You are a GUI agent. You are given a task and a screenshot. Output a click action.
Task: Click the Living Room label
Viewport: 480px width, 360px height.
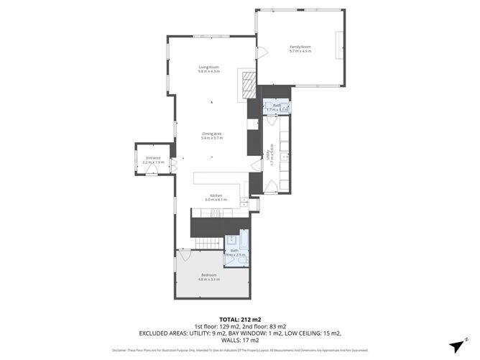tap(209, 68)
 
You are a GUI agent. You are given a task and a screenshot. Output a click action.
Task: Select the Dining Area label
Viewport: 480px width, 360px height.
tap(212, 133)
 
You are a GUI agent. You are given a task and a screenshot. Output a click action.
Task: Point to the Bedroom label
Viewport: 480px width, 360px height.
tap(209, 275)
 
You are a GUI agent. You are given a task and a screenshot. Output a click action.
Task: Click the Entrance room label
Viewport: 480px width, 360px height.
tap(154, 157)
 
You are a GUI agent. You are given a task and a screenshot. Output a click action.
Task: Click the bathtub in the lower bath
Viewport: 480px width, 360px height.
tap(243, 241)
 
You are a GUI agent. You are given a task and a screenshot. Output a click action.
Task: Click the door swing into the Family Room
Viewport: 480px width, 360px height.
tap(262, 52)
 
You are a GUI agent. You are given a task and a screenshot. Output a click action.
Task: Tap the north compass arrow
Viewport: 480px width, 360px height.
tap(457, 344)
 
